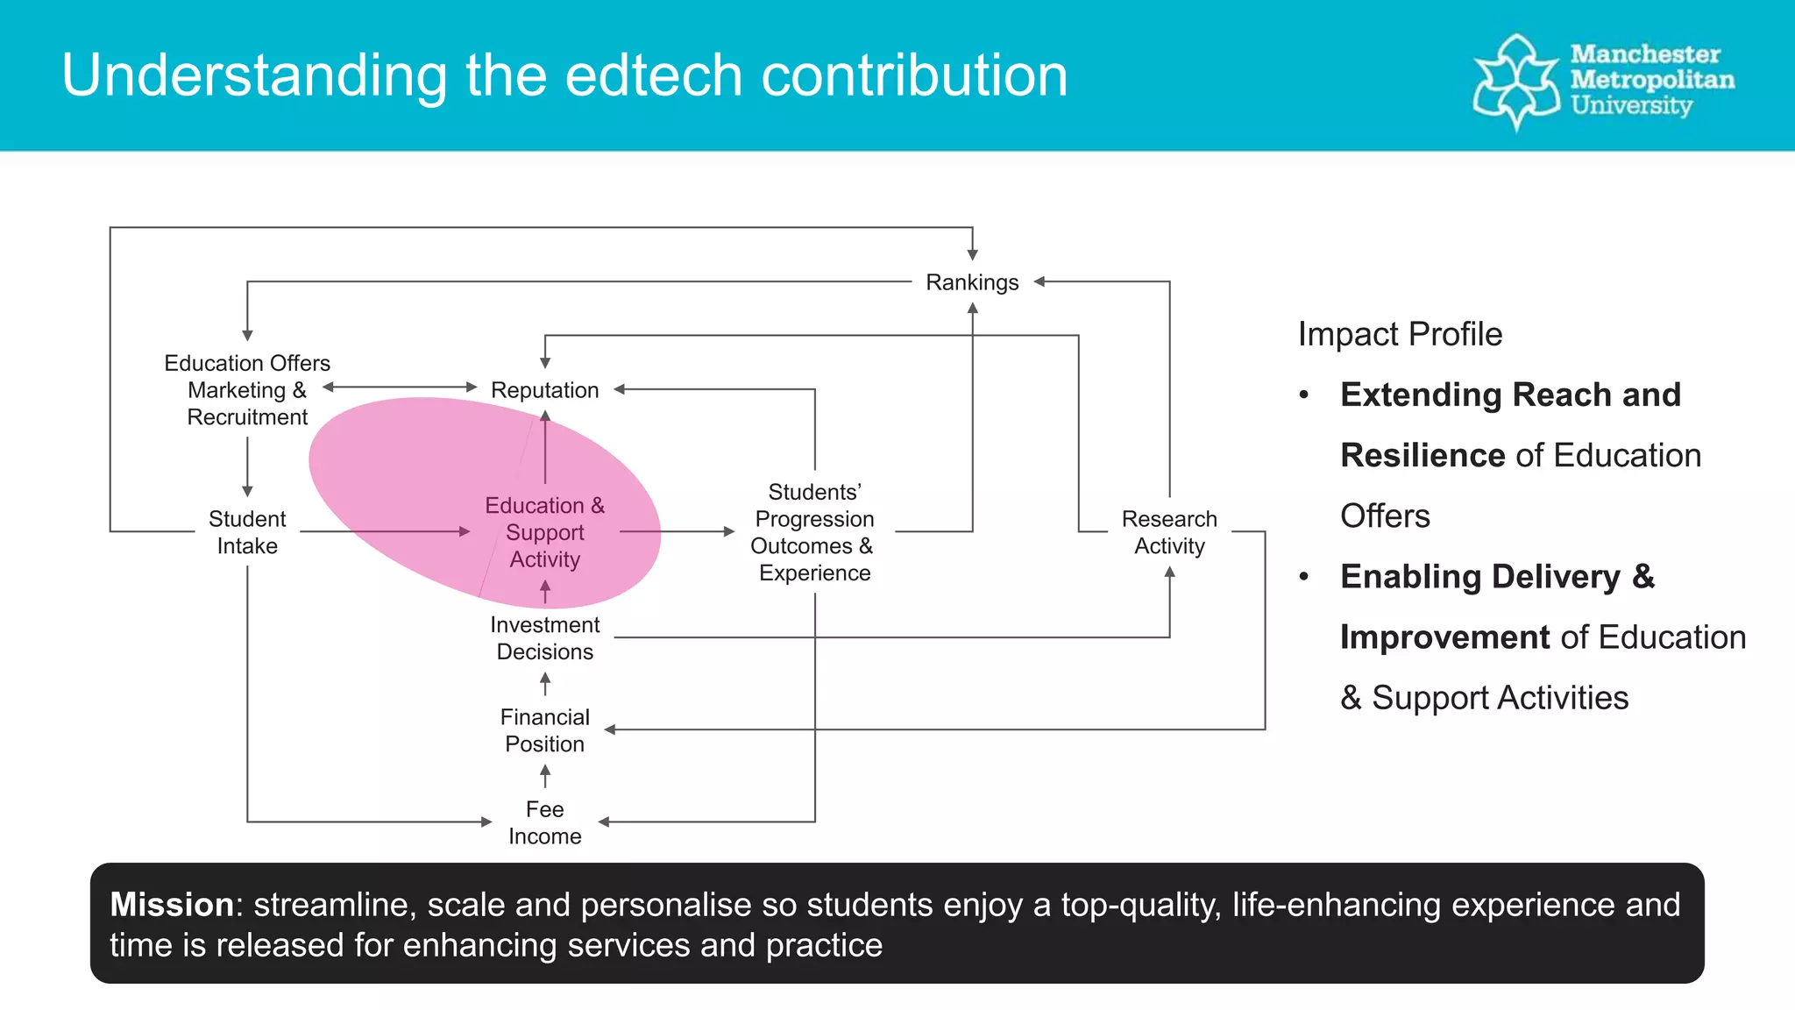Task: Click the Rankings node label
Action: (972, 282)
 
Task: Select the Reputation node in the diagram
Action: (544, 390)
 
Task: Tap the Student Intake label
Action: (247, 532)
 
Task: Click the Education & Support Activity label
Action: (544, 532)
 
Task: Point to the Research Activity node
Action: (1169, 532)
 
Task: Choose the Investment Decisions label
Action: (544, 638)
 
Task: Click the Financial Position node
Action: (544, 730)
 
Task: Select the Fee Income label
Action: (544, 822)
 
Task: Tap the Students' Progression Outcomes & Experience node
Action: (814, 532)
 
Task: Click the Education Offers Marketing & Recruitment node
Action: (247, 390)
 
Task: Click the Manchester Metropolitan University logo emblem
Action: (1516, 82)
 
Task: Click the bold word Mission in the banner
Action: (172, 905)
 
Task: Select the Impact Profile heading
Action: (1400, 334)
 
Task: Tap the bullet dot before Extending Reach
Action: (1304, 395)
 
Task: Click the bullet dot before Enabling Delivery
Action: (1304, 577)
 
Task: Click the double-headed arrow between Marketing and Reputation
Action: (400, 387)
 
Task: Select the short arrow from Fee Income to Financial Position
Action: (545, 776)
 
